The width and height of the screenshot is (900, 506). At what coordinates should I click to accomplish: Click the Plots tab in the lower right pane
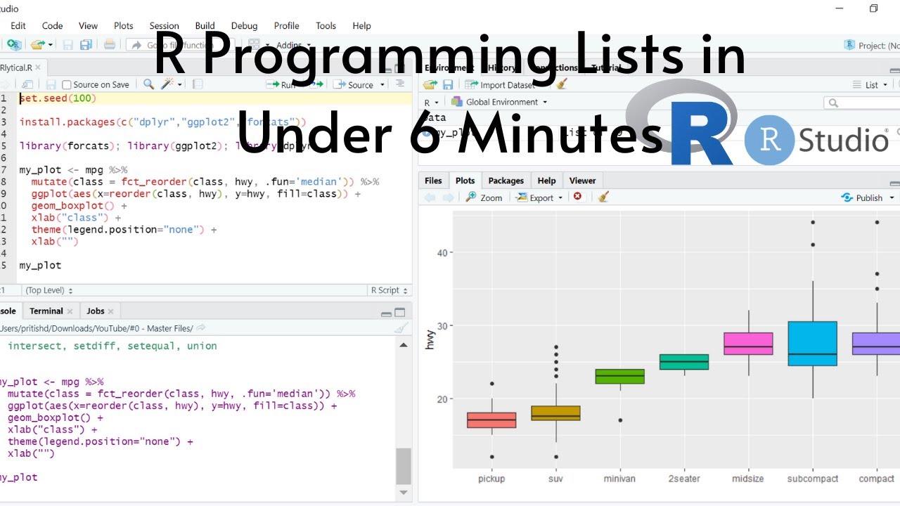465,181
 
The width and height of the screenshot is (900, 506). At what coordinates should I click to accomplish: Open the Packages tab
506,181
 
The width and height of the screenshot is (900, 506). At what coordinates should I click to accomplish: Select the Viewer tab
582,181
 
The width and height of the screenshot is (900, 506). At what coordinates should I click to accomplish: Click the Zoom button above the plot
484,197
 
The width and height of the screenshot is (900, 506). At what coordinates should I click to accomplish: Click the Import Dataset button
506,85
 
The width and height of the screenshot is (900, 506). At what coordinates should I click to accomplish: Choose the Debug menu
244,26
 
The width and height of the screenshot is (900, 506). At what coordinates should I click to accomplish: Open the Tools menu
326,26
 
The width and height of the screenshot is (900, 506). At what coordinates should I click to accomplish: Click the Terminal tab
46,311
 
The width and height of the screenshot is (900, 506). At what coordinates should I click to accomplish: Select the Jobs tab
96,311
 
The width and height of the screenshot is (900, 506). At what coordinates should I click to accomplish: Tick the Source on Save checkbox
67,85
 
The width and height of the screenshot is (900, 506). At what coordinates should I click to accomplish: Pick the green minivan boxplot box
619,376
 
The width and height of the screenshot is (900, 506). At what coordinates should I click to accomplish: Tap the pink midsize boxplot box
748,344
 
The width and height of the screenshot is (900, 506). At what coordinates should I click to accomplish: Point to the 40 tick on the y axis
441,252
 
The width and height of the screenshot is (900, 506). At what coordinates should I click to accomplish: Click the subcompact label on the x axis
812,479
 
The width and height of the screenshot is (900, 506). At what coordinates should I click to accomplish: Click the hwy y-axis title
430,339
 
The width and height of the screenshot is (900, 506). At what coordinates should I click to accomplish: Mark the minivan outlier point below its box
619,420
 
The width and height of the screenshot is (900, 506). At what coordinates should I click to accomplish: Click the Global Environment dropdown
501,102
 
